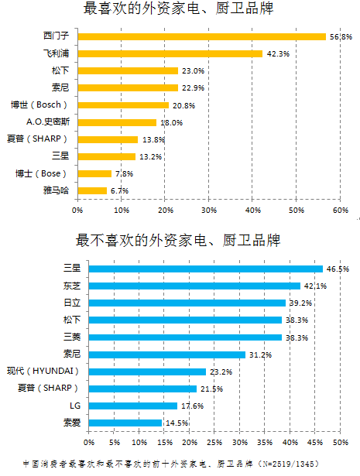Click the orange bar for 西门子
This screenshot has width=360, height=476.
tap(201, 36)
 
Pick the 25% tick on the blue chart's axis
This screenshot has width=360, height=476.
tap(214, 442)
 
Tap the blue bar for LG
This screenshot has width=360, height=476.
tap(132, 406)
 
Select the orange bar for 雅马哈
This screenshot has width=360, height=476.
tap(91, 190)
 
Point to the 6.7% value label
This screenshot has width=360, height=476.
tap(119, 190)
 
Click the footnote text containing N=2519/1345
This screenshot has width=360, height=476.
tap(180, 464)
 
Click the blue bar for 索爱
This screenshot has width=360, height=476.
tap(125, 423)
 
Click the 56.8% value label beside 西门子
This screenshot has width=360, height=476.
tap(341, 36)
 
